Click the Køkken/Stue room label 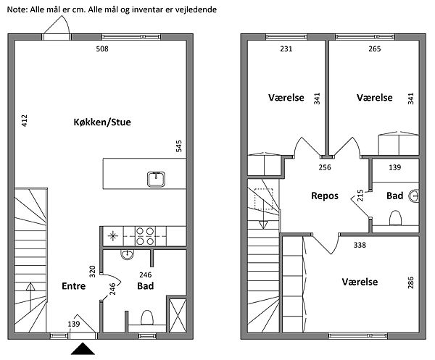[102, 122]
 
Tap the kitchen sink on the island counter [156, 179]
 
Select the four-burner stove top [145, 236]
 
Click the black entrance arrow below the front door [83, 348]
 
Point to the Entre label [73, 285]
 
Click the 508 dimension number [102, 49]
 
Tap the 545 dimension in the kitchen [179, 146]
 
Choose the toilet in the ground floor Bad [147, 317]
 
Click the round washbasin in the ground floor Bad [128, 254]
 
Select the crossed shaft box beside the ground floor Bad [178, 315]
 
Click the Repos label [325, 196]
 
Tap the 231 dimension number [286, 49]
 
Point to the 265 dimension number [375, 49]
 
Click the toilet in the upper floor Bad [395, 218]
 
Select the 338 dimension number [360, 245]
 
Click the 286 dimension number [410, 282]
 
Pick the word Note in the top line [17, 9]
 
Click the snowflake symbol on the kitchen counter [112, 236]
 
